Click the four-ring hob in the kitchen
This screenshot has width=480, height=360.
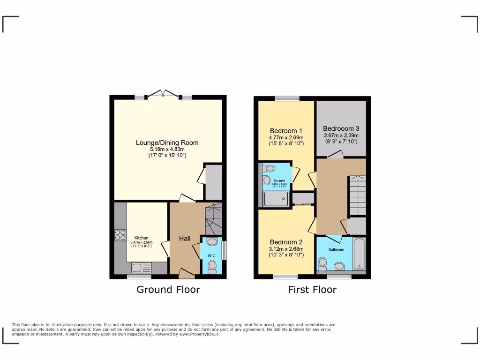click(x=120, y=235)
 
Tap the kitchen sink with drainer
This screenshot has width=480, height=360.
click(x=141, y=268)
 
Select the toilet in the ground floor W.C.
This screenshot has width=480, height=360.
click(x=212, y=266)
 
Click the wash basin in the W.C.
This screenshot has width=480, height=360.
click(x=212, y=242)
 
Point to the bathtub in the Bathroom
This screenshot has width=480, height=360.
click(x=359, y=255)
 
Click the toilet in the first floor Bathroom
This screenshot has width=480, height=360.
click(x=322, y=264)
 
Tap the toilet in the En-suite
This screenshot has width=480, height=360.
click(x=267, y=180)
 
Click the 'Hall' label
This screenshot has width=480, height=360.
click(x=185, y=239)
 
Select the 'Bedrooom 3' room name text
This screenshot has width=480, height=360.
click(x=341, y=128)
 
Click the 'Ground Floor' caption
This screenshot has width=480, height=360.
click(x=168, y=290)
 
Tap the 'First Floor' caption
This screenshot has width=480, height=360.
click(x=312, y=290)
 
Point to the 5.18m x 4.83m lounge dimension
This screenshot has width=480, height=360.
click(x=167, y=149)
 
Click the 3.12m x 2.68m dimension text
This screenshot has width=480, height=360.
click(x=286, y=249)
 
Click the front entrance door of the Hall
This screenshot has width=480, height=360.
click(x=186, y=273)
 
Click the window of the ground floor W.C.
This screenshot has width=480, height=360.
click(x=224, y=250)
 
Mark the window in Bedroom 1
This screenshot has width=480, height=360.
click(x=287, y=98)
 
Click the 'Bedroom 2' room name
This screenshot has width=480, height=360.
click(x=286, y=242)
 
